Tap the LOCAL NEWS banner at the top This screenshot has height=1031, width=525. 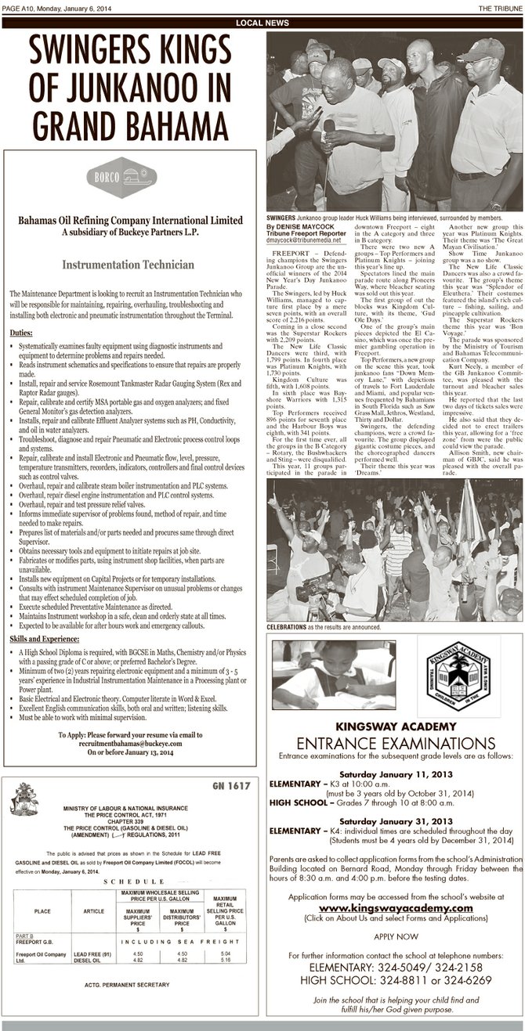pyautogui.click(x=262, y=23)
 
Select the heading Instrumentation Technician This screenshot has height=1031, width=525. pyautogui.click(x=129, y=265)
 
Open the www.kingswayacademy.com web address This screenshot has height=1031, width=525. pyautogui.click(x=395, y=907)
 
